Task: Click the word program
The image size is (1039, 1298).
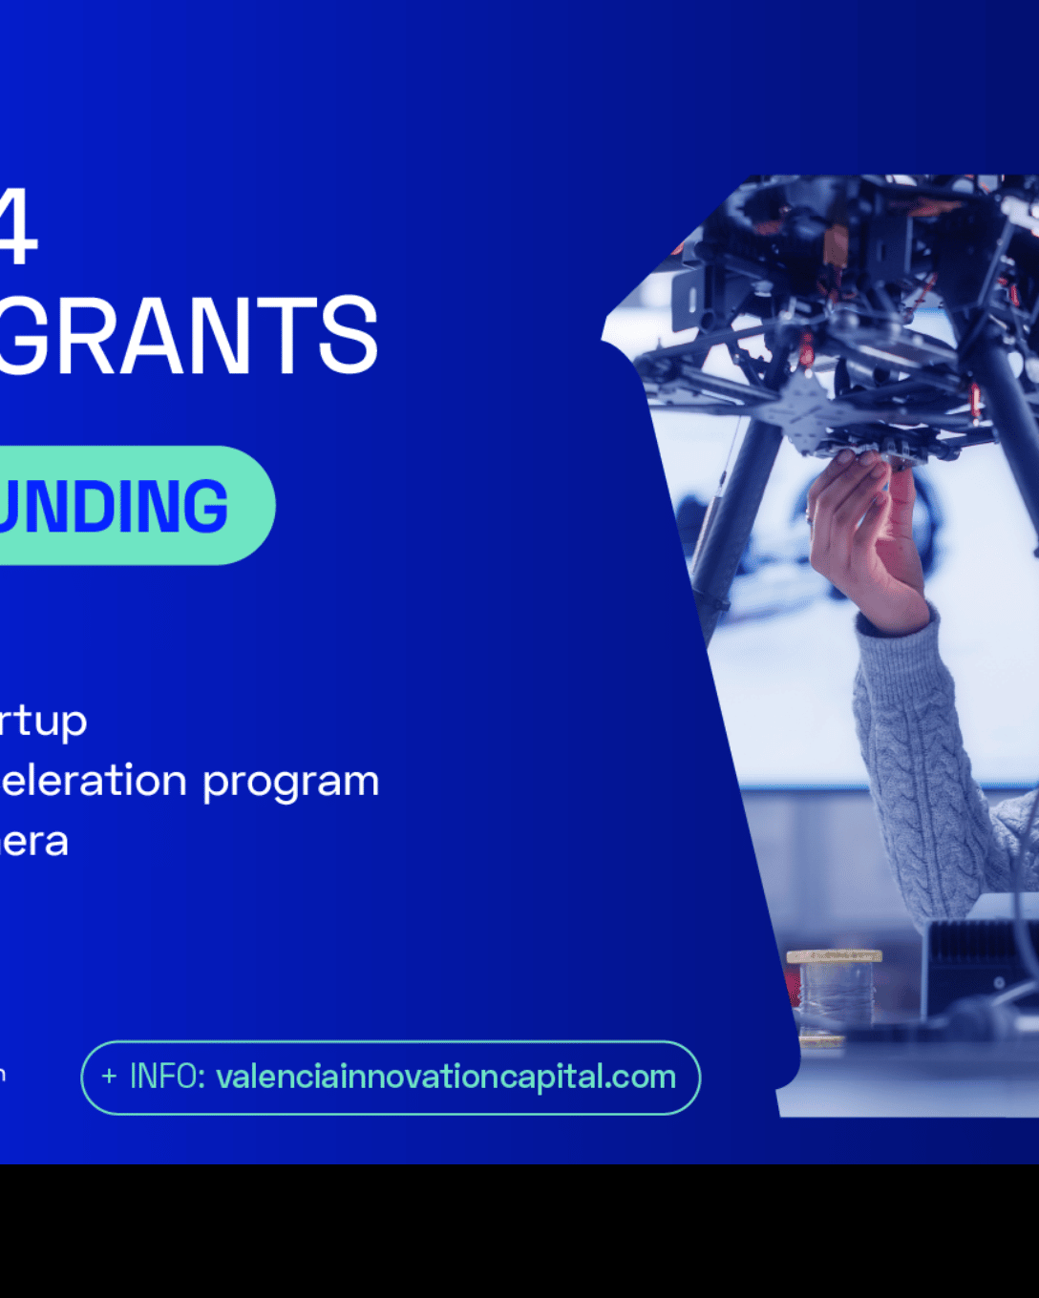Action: [291, 783]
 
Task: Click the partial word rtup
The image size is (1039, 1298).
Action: [43, 722]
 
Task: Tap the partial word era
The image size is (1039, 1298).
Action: [34, 842]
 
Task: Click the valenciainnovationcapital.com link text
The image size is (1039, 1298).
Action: [446, 1078]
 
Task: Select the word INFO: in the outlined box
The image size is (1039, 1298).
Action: [167, 1078]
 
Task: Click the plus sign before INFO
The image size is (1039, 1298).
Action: [109, 1078]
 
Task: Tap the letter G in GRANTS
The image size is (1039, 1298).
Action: [21, 336]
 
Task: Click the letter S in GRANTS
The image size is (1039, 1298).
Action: [349, 336]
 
